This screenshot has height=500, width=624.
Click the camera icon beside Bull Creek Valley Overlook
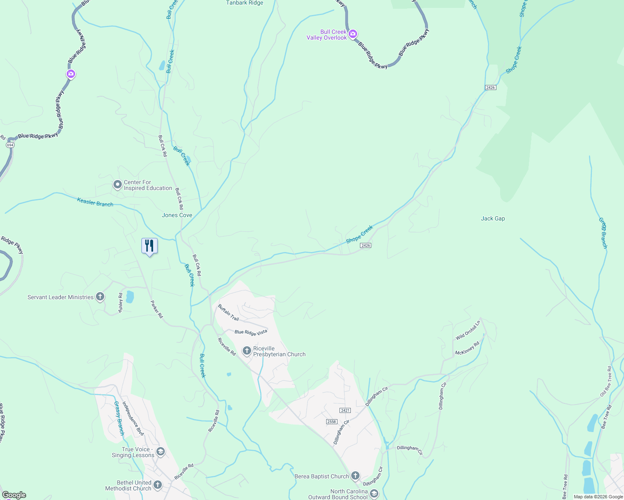click(353, 34)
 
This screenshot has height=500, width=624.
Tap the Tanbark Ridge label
click(244, 3)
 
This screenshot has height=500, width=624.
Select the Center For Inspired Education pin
click(118, 184)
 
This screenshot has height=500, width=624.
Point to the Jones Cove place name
click(177, 215)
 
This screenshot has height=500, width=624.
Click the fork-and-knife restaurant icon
click(149, 246)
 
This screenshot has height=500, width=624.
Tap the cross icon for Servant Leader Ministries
click(100, 297)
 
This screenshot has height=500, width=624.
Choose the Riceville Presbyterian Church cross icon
click(247, 350)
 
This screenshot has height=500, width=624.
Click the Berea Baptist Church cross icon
click(355, 475)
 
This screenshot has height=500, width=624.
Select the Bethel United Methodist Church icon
click(158, 485)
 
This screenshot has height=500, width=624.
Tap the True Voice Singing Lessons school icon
click(161, 452)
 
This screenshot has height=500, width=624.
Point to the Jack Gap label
click(493, 218)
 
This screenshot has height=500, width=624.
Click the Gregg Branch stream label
click(603, 233)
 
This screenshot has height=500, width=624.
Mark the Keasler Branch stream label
click(95, 202)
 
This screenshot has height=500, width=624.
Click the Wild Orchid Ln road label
click(468, 330)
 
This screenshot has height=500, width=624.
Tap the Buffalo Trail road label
click(229, 312)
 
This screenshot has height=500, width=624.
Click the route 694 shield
click(10, 145)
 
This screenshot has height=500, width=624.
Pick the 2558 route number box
click(332, 422)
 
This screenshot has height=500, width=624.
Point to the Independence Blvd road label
click(133, 418)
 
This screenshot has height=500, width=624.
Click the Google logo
click(14, 495)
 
